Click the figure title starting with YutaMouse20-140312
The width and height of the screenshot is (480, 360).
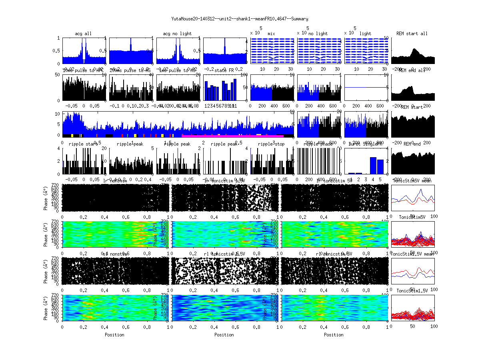pos(240,19)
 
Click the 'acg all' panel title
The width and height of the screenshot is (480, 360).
pos(83,34)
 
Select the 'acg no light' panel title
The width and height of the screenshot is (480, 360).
pos(177,34)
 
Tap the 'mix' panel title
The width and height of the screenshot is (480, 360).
pos(272,34)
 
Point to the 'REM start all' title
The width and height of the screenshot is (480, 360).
pos(412,34)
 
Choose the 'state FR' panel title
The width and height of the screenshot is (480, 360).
pos(224,71)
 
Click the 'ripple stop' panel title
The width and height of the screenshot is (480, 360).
pos(271,144)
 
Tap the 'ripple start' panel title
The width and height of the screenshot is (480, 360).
pos(83,144)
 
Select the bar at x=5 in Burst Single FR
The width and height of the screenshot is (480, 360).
pos(380,167)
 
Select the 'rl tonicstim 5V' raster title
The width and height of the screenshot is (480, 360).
pos(334,254)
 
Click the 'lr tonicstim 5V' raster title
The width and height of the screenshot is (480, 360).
pos(334,181)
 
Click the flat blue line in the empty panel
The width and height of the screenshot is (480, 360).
pos(366,87)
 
